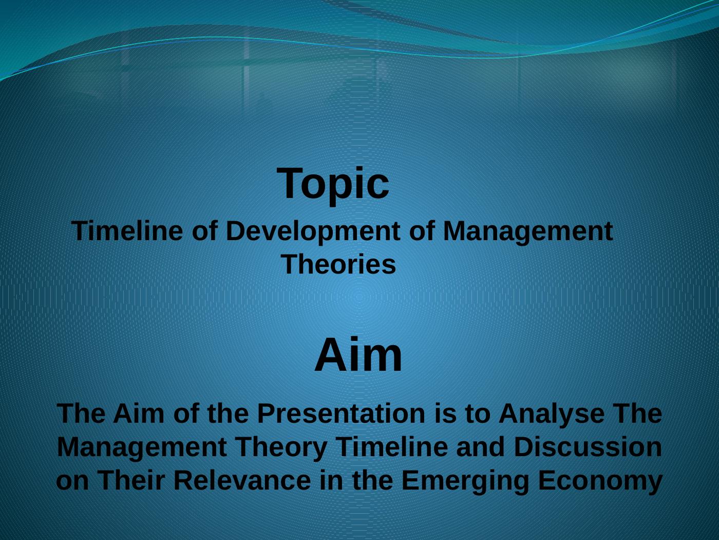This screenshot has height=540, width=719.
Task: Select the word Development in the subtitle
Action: pyautogui.click(x=313, y=231)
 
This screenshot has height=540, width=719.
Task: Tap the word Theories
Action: pyautogui.click(x=338, y=264)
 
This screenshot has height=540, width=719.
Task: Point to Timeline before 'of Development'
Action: pyautogui.click(x=127, y=231)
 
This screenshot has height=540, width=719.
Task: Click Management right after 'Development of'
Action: pyautogui.click(x=528, y=231)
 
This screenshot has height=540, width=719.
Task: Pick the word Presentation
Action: pyautogui.click(x=341, y=413)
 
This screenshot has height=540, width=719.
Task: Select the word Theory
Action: pyautogui.click(x=281, y=447)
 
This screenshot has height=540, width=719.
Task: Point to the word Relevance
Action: pyautogui.click(x=242, y=480)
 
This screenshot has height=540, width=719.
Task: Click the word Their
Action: pyautogui.click(x=131, y=480)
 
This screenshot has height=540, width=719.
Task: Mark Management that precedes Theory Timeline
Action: pyautogui.click(x=142, y=447)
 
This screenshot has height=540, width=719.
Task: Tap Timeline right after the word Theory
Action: pyautogui.click(x=392, y=447)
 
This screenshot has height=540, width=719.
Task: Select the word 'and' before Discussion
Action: pyautogui.click(x=481, y=447)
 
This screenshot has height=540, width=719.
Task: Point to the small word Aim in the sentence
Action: pyautogui.click(x=139, y=413)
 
